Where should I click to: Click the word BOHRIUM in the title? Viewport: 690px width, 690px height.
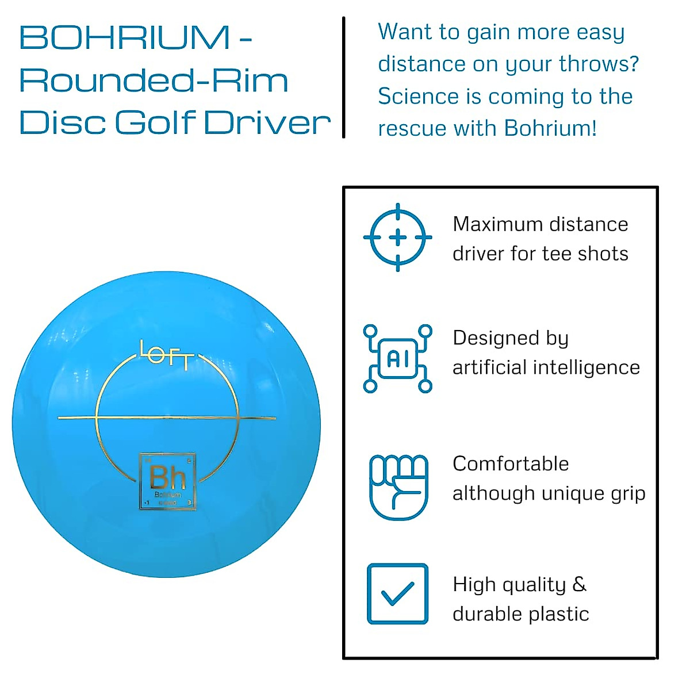[x=125, y=38]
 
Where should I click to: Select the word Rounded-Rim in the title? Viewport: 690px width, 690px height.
[x=154, y=80]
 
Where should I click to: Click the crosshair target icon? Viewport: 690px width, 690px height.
[x=398, y=237]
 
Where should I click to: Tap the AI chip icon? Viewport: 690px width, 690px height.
[x=398, y=359]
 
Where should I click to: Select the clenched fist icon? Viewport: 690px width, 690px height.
[x=398, y=486]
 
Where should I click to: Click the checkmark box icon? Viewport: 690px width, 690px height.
[x=398, y=594]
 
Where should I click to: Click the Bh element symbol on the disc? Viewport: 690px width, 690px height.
[x=167, y=477]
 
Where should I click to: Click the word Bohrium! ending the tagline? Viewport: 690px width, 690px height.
[x=550, y=128]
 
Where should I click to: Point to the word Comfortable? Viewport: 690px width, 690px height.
[x=511, y=463]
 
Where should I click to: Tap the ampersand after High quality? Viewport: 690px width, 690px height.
[x=580, y=585]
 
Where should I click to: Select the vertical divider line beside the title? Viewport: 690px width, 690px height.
[x=344, y=78]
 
